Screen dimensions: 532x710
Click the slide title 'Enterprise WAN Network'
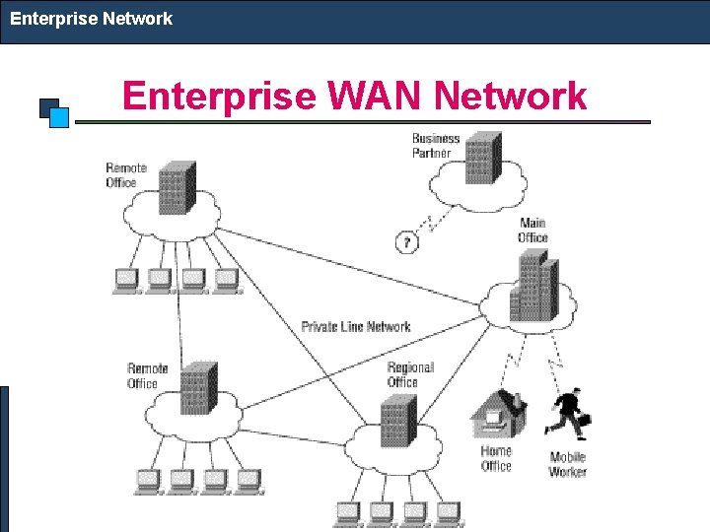tap(354, 97)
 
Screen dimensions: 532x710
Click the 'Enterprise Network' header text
tap(91, 19)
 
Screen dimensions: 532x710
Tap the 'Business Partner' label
tap(435, 146)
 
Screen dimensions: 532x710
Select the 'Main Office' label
tap(532, 231)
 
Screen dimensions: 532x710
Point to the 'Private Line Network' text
tap(356, 327)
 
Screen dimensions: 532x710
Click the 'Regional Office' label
tap(410, 374)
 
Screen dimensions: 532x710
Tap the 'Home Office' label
tap(496, 459)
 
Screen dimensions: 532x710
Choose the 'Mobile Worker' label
tap(568, 464)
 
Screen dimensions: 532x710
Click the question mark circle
tap(406, 241)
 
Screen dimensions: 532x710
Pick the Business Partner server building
tap(481, 158)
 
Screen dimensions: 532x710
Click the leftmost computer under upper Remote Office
tap(125, 281)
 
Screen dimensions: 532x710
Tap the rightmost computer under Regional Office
tap(449, 512)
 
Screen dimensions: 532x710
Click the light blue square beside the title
tap(59, 117)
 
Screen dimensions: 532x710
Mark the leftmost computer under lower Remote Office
tap(147, 481)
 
